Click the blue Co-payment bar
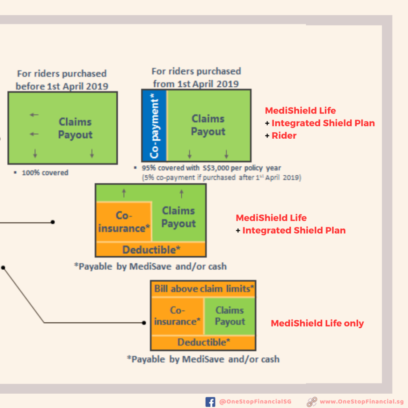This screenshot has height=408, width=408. pos(154,126)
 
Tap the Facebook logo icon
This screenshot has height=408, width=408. pos(210,402)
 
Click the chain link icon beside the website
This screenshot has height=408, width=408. pos(312,402)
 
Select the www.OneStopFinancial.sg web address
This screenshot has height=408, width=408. pos(362,402)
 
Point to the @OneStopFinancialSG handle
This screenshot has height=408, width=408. pos(255,402)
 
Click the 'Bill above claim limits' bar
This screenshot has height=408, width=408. pos(203,289)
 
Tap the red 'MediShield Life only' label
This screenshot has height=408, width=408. pos(317,323)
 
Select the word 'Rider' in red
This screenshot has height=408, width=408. pos(284,135)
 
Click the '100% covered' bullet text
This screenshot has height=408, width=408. pos(45,173)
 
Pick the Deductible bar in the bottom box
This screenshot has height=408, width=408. pos(203,342)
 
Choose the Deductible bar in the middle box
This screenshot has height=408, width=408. pos(151,249)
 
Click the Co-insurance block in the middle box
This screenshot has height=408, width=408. pos(124,222)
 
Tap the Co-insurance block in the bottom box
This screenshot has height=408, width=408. pos(177,316)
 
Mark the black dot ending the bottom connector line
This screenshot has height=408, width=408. pos(144,323)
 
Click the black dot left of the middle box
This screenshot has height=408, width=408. pos(53,222)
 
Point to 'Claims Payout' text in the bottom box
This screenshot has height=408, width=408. pos(230,316)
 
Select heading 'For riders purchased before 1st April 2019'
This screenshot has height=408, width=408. pos(62,80)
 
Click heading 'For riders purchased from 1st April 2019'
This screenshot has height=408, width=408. pos(196,78)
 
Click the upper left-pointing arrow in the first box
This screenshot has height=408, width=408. pos(34,115)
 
